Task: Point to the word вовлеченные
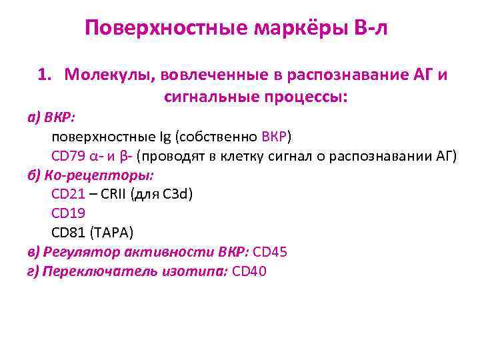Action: point(207,75)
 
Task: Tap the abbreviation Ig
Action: point(164,137)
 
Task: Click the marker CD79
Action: point(68,157)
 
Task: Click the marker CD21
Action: point(68,195)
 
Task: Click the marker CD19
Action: point(68,214)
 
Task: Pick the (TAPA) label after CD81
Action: point(113,233)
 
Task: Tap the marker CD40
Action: point(249,272)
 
